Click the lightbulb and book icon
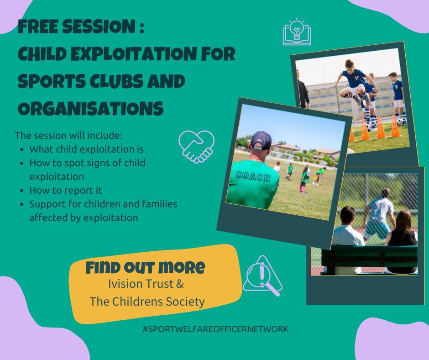click(297, 32)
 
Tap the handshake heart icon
click(196, 146)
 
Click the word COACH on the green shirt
click(253, 176)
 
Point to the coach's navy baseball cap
click(262, 140)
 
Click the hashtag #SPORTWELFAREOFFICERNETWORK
click(215, 329)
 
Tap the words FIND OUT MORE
click(145, 267)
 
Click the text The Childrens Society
click(147, 301)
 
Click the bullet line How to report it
click(66, 190)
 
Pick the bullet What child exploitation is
click(86, 149)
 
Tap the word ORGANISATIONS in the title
click(90, 109)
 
